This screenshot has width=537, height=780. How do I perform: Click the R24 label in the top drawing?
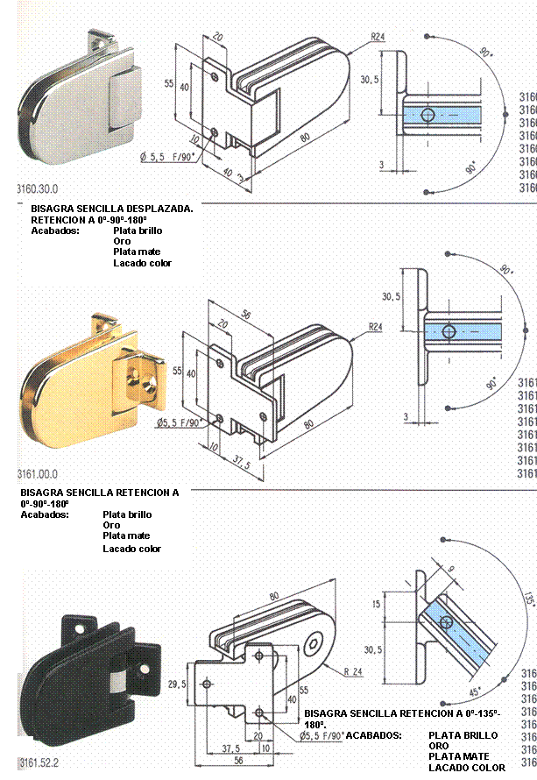click(378, 37)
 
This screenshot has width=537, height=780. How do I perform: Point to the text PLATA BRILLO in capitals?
click(463, 735)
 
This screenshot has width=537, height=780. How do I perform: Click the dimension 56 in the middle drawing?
click(246, 314)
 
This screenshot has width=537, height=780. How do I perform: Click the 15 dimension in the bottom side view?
click(377, 605)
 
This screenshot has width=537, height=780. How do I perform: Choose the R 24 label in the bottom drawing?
click(353, 671)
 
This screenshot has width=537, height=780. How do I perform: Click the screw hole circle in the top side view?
click(427, 115)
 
